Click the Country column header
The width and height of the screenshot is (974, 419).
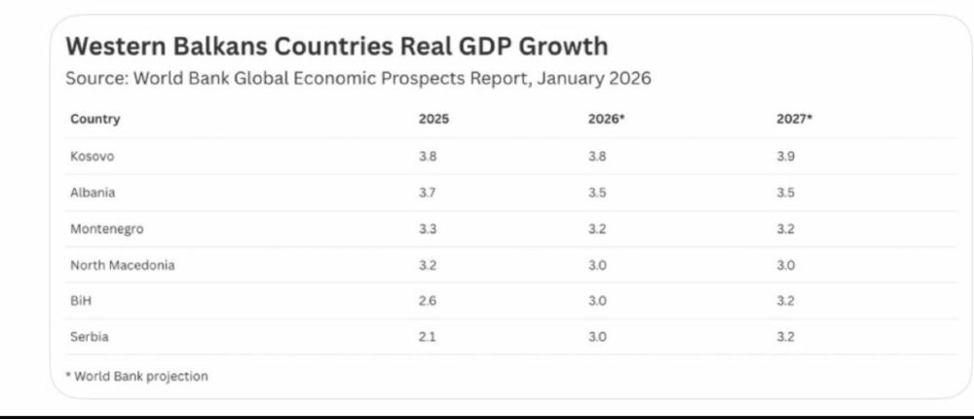pos(94,120)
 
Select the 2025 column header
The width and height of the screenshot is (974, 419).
pos(434,120)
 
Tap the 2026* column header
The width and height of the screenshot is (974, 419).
pos(607,120)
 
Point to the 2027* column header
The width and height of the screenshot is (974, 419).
pos(794,120)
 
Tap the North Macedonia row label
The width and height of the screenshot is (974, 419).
pos(122,265)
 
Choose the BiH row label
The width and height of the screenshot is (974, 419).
pos(81,301)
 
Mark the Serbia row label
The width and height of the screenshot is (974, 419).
pos(89,337)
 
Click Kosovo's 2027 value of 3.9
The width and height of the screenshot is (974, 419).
pos(786,156)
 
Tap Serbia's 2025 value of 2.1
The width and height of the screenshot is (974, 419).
pos(428,337)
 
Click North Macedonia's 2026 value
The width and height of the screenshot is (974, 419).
pos(598,265)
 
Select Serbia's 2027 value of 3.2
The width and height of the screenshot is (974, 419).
pos(786,337)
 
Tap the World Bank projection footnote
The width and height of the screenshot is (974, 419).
pos(138,375)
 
